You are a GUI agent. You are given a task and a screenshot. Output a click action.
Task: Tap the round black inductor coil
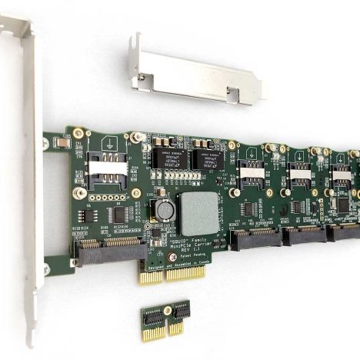click(164, 209)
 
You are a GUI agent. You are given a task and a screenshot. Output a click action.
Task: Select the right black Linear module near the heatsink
click(208, 160)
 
